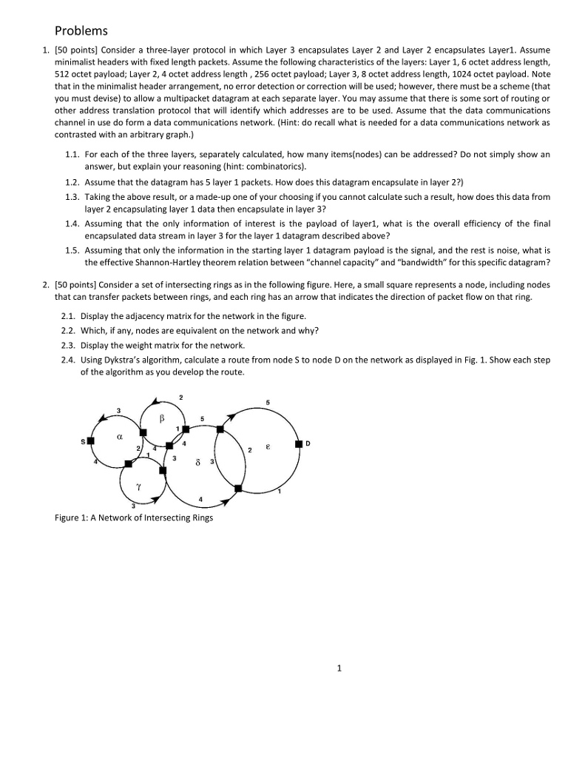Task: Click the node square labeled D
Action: [x=299, y=444]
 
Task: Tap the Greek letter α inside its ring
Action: [x=118, y=437]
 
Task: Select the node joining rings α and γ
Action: [x=129, y=463]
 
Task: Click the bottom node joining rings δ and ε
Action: [x=238, y=489]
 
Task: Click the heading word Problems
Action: [x=81, y=30]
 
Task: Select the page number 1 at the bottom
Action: [x=339, y=668]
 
